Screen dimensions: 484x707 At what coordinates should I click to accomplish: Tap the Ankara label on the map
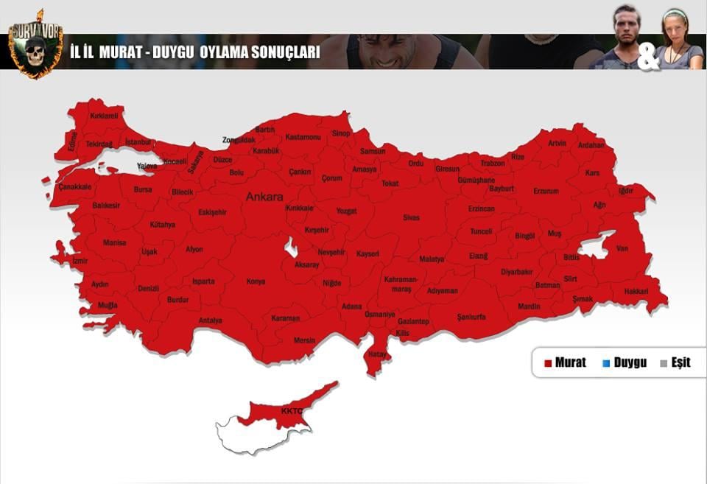(x=264, y=197)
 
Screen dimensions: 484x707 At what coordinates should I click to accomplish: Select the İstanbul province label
(x=138, y=141)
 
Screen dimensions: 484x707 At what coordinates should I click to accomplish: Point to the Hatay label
(x=378, y=354)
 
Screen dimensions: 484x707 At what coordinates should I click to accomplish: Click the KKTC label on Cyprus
(x=292, y=410)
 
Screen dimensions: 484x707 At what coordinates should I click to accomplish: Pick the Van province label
(x=622, y=248)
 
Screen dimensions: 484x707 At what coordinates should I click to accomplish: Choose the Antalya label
(x=210, y=320)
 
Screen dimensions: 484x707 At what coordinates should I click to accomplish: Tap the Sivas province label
(x=411, y=217)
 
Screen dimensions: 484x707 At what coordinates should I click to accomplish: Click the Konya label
(x=256, y=281)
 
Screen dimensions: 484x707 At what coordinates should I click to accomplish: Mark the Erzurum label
(x=546, y=191)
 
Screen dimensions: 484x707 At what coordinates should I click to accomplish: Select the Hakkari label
(x=636, y=291)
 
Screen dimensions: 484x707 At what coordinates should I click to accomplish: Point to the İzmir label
(x=80, y=261)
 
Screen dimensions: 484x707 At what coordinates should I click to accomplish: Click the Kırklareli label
(x=104, y=116)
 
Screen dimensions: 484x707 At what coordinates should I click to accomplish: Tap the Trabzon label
(x=493, y=163)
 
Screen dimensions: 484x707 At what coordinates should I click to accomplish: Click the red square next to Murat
(x=548, y=363)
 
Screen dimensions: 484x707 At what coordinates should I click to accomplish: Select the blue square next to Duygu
(x=606, y=363)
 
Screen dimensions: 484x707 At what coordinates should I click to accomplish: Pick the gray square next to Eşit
(x=664, y=363)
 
